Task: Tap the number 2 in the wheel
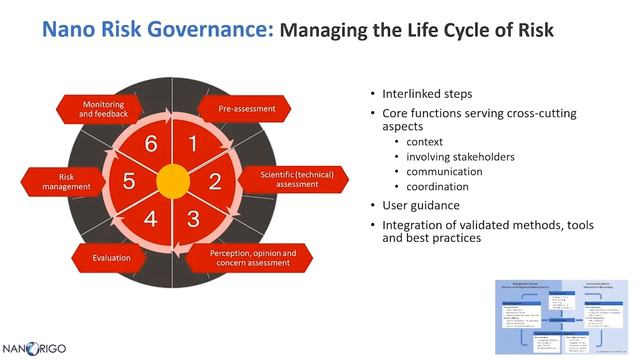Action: (214, 181)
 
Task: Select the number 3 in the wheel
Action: (193, 218)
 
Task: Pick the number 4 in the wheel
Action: (152, 218)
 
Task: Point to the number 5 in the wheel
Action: (130, 181)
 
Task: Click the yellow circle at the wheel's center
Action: (172, 181)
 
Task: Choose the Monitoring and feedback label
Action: (103, 108)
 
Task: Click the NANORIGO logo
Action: (37, 348)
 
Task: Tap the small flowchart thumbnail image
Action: (563, 309)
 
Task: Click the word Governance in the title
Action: (207, 30)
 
